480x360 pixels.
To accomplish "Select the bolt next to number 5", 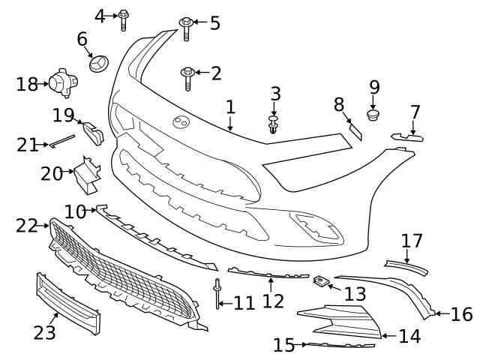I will (x=185, y=28).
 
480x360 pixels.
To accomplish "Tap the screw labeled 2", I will (x=187, y=76).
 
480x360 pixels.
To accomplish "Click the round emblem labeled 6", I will (x=99, y=64).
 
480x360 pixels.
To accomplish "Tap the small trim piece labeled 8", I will (x=354, y=130).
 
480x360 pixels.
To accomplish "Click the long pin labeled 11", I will (x=217, y=295).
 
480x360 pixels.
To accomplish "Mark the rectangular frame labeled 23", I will (x=67, y=304).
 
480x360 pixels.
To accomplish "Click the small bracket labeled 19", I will (x=93, y=132).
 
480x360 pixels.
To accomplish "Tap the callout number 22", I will (x=27, y=225).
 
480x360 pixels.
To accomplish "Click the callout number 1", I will (x=231, y=107).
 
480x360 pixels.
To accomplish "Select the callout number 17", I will (x=412, y=241).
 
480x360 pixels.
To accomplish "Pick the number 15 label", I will (x=283, y=345).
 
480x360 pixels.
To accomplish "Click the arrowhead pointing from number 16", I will (x=439, y=313).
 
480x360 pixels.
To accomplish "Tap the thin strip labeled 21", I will (x=63, y=139).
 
